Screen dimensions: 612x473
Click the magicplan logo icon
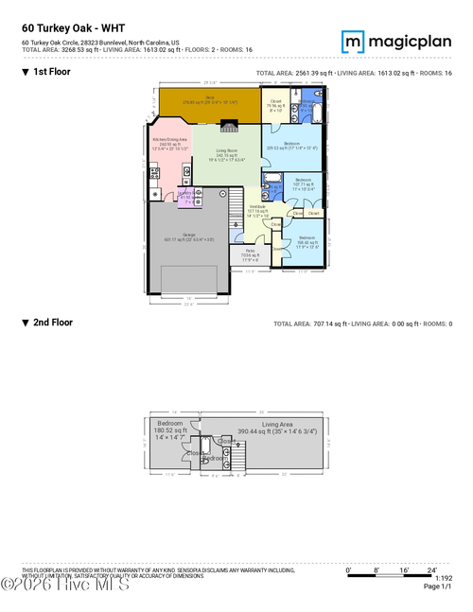click(x=353, y=42)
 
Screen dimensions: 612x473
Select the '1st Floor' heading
click(x=52, y=72)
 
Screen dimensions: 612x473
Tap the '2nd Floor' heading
click(x=53, y=323)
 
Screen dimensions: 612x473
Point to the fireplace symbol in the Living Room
click(x=228, y=125)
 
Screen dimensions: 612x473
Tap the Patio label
click(x=251, y=253)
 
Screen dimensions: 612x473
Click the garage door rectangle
click(x=194, y=279)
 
